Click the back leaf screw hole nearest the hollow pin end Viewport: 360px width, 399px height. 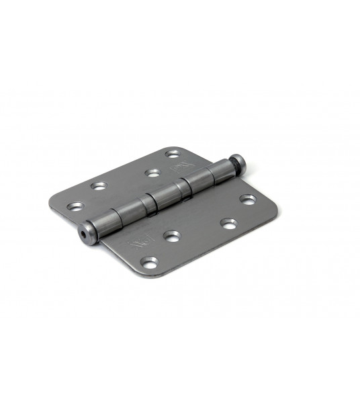click(75, 206)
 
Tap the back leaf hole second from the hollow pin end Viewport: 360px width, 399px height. click(100, 185)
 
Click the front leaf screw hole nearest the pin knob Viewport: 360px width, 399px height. click(248, 199)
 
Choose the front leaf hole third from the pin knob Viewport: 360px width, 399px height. click(172, 236)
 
